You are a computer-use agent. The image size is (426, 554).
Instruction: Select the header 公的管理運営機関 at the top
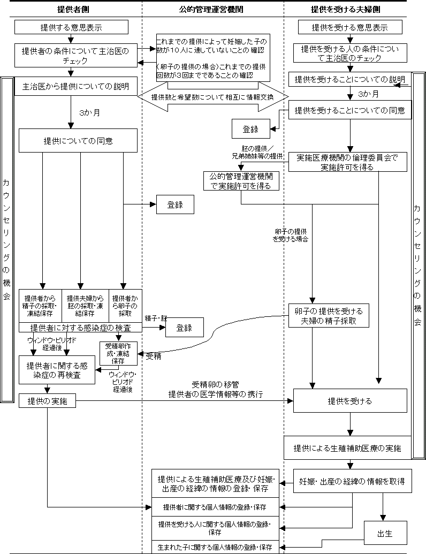pyautogui.click(x=212, y=10)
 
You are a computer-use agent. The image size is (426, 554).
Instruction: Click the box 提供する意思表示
pyautogui.click(x=71, y=27)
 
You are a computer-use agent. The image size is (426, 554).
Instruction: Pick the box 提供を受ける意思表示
pyautogui.click(x=349, y=27)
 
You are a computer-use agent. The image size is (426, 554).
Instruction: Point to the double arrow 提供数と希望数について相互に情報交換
pyautogui.click(x=212, y=97)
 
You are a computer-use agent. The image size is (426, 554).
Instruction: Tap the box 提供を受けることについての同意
pyautogui.click(x=350, y=112)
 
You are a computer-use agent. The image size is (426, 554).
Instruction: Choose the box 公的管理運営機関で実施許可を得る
pyautogui.click(x=241, y=181)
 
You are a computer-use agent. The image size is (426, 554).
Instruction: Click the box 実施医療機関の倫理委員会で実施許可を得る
pyautogui.click(x=347, y=162)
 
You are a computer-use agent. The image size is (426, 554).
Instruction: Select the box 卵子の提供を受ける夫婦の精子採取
pyautogui.click(x=329, y=316)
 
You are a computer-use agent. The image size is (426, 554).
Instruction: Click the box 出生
pyautogui.click(x=385, y=534)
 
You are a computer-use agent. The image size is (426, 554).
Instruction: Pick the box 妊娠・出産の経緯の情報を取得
pyautogui.click(x=352, y=481)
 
